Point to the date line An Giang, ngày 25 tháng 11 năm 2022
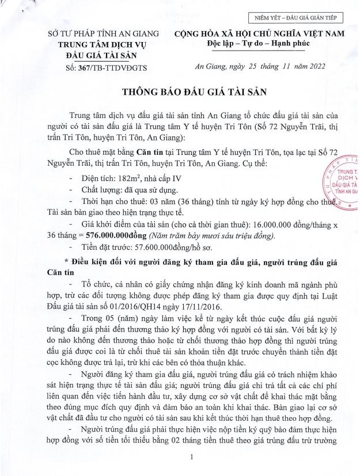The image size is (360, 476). coord(262,66)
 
